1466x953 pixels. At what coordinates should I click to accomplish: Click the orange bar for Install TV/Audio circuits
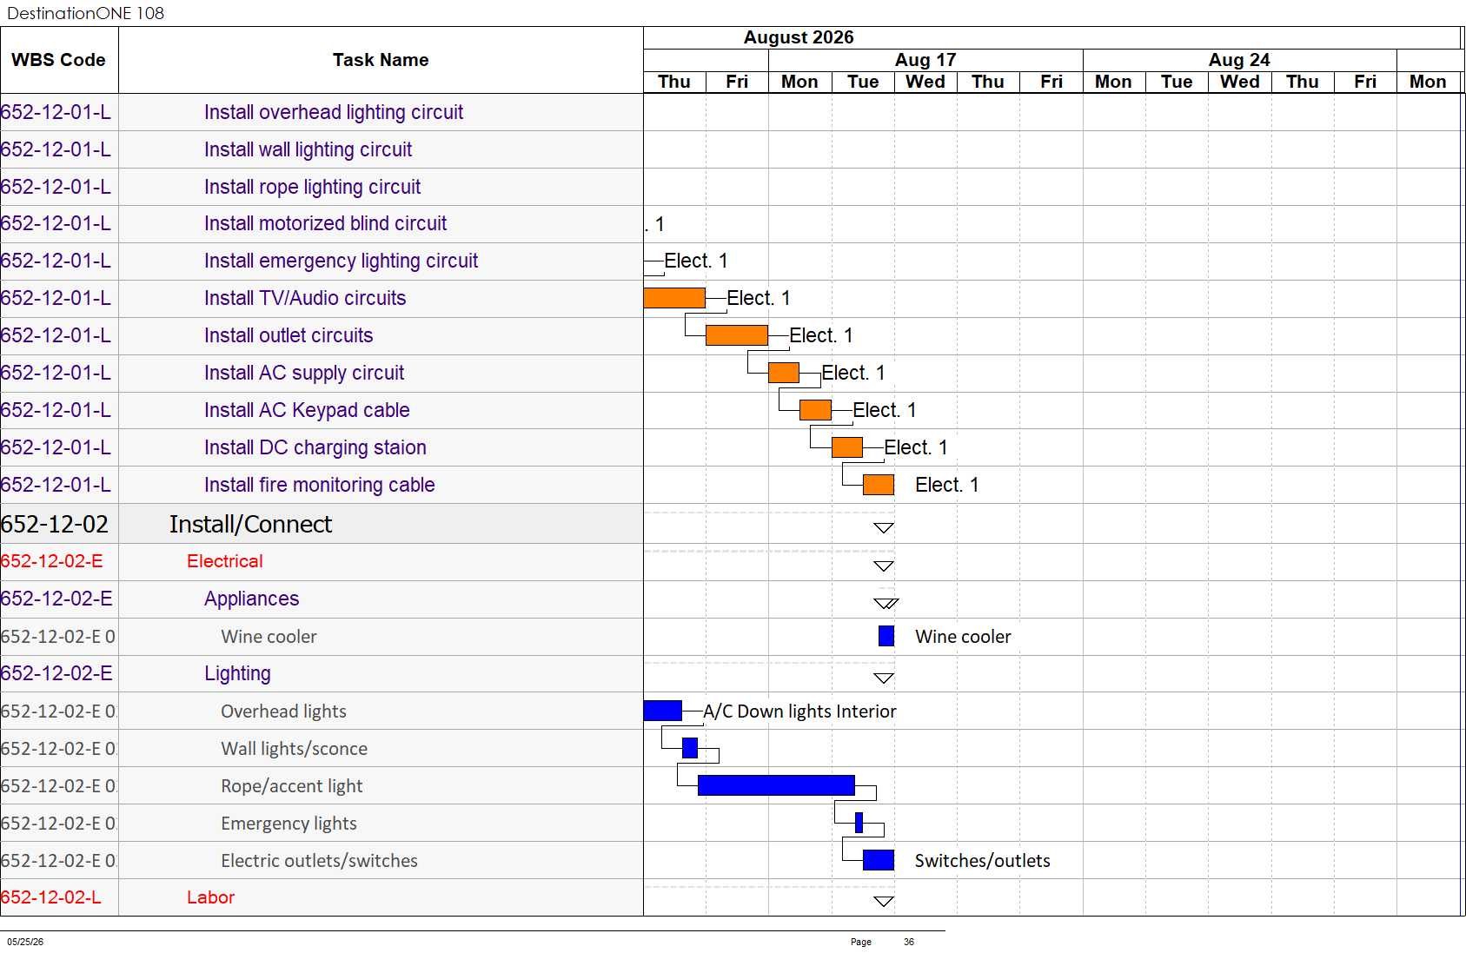coord(674,298)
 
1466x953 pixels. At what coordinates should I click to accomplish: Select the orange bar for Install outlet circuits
coord(737,334)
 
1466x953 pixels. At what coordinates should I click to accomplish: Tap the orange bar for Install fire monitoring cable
coord(879,485)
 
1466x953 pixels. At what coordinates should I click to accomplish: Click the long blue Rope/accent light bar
coord(776,785)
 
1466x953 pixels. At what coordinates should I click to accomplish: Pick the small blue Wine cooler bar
coord(886,636)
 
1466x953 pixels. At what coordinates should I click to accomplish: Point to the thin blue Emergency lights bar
coord(859,823)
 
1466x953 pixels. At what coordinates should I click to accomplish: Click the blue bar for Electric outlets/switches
coord(879,860)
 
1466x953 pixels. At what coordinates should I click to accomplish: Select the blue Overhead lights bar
coord(663,711)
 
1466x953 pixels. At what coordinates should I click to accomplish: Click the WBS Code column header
coord(58,60)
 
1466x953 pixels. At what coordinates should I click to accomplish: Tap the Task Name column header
coord(381,60)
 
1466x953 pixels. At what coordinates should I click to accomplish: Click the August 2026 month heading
coord(799,37)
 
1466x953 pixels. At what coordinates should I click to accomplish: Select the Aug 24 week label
coord(1239,60)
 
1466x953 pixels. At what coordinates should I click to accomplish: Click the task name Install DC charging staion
coord(315,447)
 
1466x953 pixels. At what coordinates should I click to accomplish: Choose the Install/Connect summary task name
coord(250,524)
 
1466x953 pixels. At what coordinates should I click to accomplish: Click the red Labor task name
coord(210,897)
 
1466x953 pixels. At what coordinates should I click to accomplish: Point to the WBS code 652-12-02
coord(55,524)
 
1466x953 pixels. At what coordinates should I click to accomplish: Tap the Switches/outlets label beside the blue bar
coord(982,861)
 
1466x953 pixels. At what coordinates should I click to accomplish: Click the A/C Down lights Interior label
coord(799,711)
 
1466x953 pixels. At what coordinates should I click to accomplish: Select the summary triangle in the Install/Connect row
coord(884,528)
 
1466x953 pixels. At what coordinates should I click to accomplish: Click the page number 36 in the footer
coord(908,942)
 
